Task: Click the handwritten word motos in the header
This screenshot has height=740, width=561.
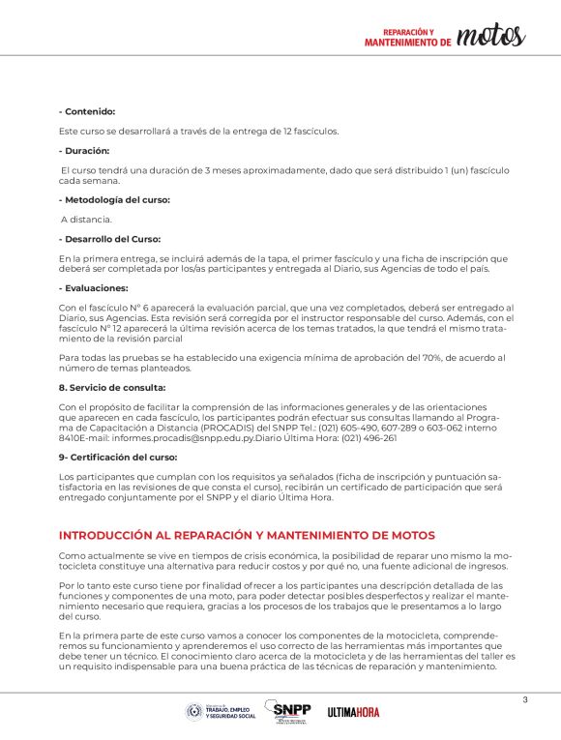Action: click(x=490, y=37)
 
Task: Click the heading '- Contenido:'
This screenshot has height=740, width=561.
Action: click(x=87, y=112)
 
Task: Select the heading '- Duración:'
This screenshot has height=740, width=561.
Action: click(x=84, y=151)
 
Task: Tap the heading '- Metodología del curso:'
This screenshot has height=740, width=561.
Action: click(x=114, y=199)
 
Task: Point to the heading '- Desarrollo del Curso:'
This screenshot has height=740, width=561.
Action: click(x=109, y=239)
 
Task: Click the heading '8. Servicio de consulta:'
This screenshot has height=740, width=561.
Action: click(x=111, y=386)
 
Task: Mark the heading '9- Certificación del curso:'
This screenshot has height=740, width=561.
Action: click(x=118, y=456)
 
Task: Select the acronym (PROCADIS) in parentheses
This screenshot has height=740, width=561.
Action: click(x=248, y=427)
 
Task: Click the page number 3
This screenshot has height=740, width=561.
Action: click(x=524, y=700)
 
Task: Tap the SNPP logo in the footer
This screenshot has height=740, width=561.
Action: click(x=291, y=711)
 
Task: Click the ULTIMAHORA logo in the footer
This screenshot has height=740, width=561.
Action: click(x=353, y=712)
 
